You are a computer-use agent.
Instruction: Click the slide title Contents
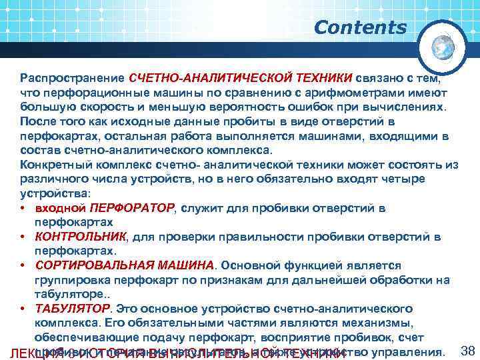360,28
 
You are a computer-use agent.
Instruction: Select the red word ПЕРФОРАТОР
131,209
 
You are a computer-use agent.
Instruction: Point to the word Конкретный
52,165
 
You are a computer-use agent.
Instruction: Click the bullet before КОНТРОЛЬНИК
23,237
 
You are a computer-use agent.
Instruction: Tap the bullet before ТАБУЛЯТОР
23,309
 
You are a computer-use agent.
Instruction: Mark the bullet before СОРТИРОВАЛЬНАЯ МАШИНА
23,266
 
